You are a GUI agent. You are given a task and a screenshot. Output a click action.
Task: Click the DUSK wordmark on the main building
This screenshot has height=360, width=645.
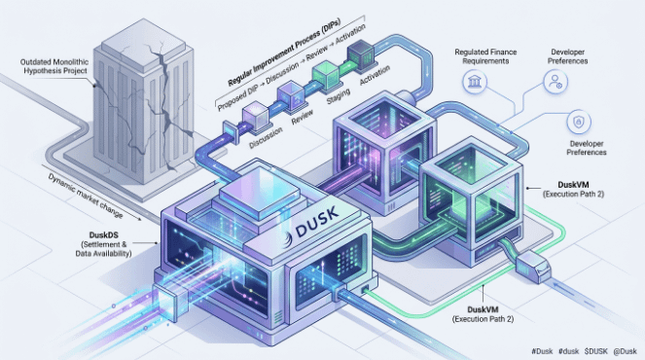pos(317,222)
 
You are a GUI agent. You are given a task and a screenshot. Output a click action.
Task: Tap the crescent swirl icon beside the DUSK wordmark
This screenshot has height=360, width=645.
pos(288,238)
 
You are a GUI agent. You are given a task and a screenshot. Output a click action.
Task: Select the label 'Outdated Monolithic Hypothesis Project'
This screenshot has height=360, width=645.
pos(54,66)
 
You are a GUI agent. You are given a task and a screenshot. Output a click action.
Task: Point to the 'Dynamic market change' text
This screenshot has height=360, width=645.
pos(86,196)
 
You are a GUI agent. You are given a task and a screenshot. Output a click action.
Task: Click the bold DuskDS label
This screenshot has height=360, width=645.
pos(104,234)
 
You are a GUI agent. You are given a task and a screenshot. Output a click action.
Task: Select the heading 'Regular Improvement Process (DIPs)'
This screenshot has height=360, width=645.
pos(284,53)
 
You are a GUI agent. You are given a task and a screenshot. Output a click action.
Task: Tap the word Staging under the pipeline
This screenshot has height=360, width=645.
pos(339,96)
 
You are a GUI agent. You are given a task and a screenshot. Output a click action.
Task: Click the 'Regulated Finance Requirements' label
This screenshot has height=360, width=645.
pos(485,56)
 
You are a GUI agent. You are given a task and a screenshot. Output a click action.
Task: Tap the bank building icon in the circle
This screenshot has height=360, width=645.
pos(475,81)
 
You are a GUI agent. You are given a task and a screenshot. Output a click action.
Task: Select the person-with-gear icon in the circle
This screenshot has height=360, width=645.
pos(555,82)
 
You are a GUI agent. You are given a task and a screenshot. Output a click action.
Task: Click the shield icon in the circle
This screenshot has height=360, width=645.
pos(579,123)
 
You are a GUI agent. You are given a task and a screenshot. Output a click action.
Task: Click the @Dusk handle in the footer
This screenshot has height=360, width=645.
pos(625,351)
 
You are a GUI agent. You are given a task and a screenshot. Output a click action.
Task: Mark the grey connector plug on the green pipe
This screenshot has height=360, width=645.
pos(534,267)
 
